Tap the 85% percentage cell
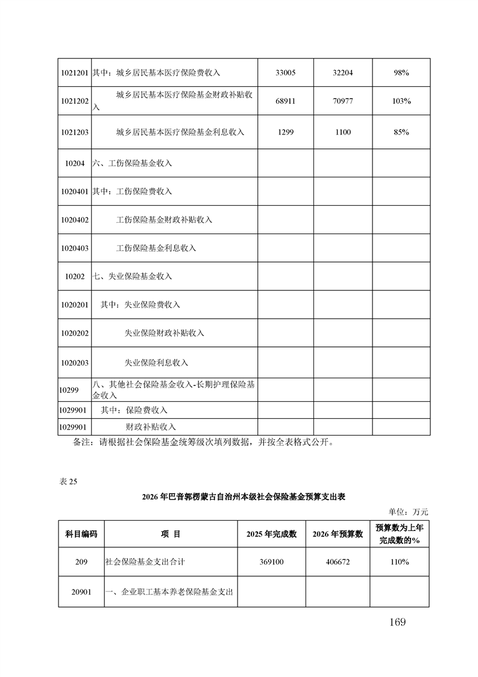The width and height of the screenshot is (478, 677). click(401, 132)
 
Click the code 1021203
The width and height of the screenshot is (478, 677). click(75, 132)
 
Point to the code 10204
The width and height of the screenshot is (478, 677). click(75, 163)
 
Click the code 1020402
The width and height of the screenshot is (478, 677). click(75, 220)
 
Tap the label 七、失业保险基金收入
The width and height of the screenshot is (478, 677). click(133, 276)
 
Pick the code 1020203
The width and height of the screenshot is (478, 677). click(75, 363)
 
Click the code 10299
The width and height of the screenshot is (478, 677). click(69, 390)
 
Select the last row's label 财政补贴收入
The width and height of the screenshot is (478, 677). click(150, 427)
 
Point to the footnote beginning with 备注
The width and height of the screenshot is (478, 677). click(202, 442)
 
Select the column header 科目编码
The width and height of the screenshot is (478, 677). click(81, 534)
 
